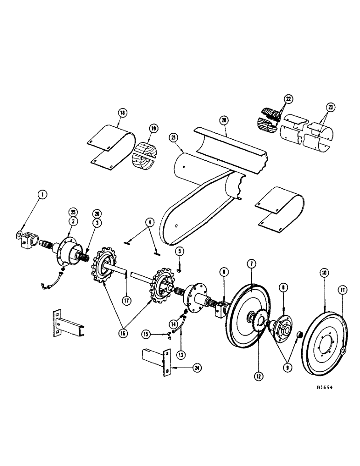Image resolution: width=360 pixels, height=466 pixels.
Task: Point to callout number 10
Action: pos(322,271)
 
